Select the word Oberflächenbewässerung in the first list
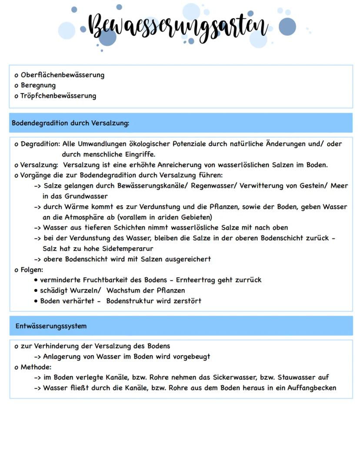(x=62, y=75)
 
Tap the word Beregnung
(x=38, y=85)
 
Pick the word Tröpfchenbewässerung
(x=58, y=96)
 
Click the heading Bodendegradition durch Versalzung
(x=70, y=123)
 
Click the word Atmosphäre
(x=75, y=217)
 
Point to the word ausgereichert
(x=187, y=259)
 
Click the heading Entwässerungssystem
(x=51, y=326)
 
